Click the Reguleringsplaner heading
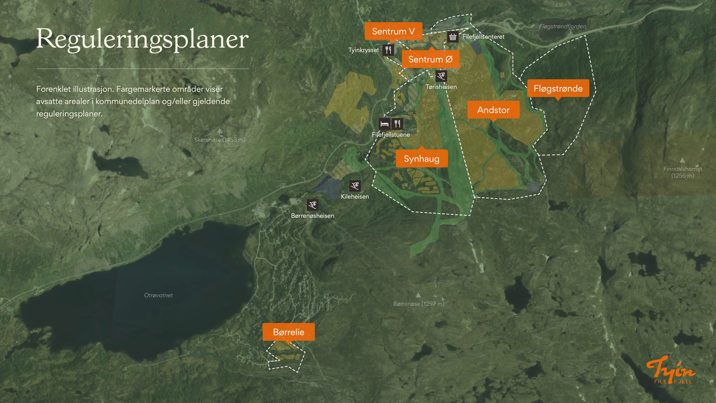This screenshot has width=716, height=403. click(x=142, y=39)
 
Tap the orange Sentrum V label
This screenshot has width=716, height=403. click(x=393, y=31)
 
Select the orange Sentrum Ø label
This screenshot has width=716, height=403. click(x=430, y=59)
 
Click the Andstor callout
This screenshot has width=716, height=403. click(x=493, y=110)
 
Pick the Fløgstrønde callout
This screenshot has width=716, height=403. click(x=558, y=88)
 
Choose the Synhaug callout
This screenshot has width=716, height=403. click(x=421, y=159)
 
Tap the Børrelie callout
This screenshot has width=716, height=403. click(x=289, y=332)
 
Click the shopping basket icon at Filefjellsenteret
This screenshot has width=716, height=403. click(x=453, y=37)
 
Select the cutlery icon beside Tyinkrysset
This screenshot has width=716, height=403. click(x=388, y=50)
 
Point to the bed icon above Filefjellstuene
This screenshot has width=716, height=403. click(x=384, y=124)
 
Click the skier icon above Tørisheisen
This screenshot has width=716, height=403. click(x=441, y=76)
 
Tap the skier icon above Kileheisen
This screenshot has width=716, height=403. click(x=355, y=185)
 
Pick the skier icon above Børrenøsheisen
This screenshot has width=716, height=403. click(x=313, y=204)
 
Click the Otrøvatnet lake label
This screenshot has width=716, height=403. click(x=158, y=295)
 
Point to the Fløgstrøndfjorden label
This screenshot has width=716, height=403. click(x=562, y=26)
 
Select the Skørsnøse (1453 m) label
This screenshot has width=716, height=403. click(x=220, y=140)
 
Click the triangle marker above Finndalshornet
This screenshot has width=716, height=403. click(x=682, y=160)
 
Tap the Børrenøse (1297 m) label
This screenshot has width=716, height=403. click(x=418, y=304)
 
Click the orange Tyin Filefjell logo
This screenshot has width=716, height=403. click(x=671, y=369)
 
